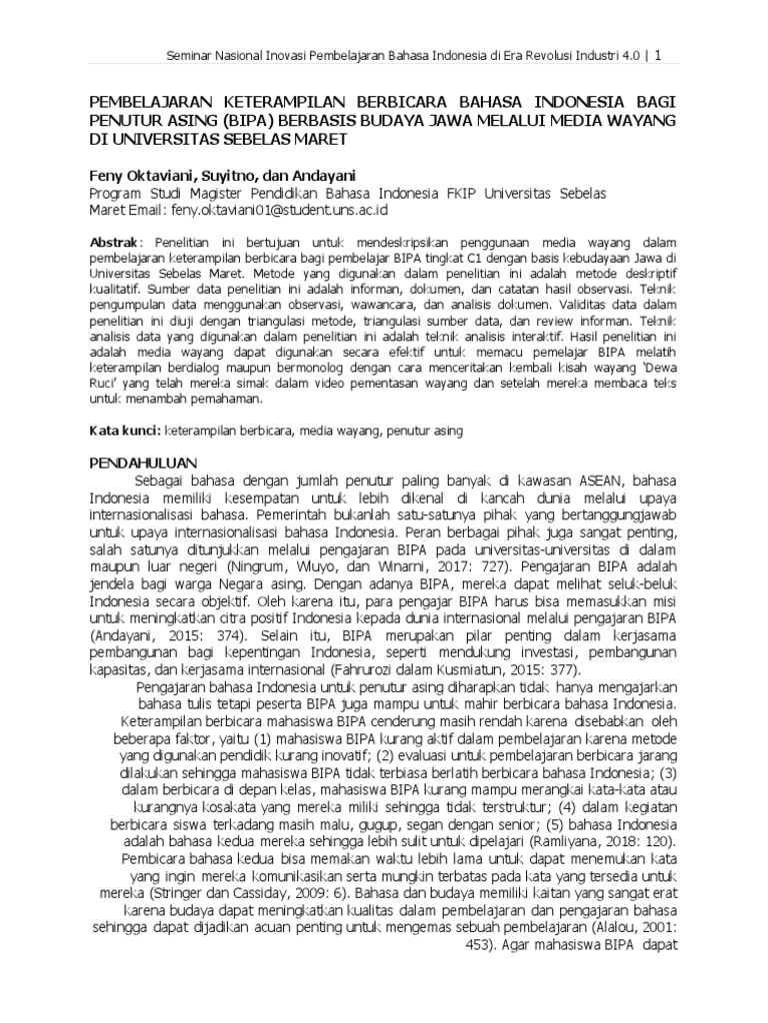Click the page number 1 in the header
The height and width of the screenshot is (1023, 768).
[x=658, y=55]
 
